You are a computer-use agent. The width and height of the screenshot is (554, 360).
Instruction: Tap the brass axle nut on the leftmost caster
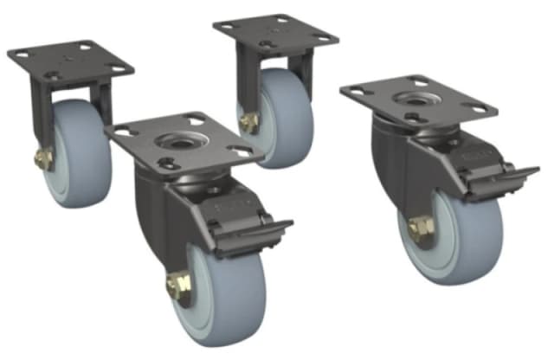(42, 158)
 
